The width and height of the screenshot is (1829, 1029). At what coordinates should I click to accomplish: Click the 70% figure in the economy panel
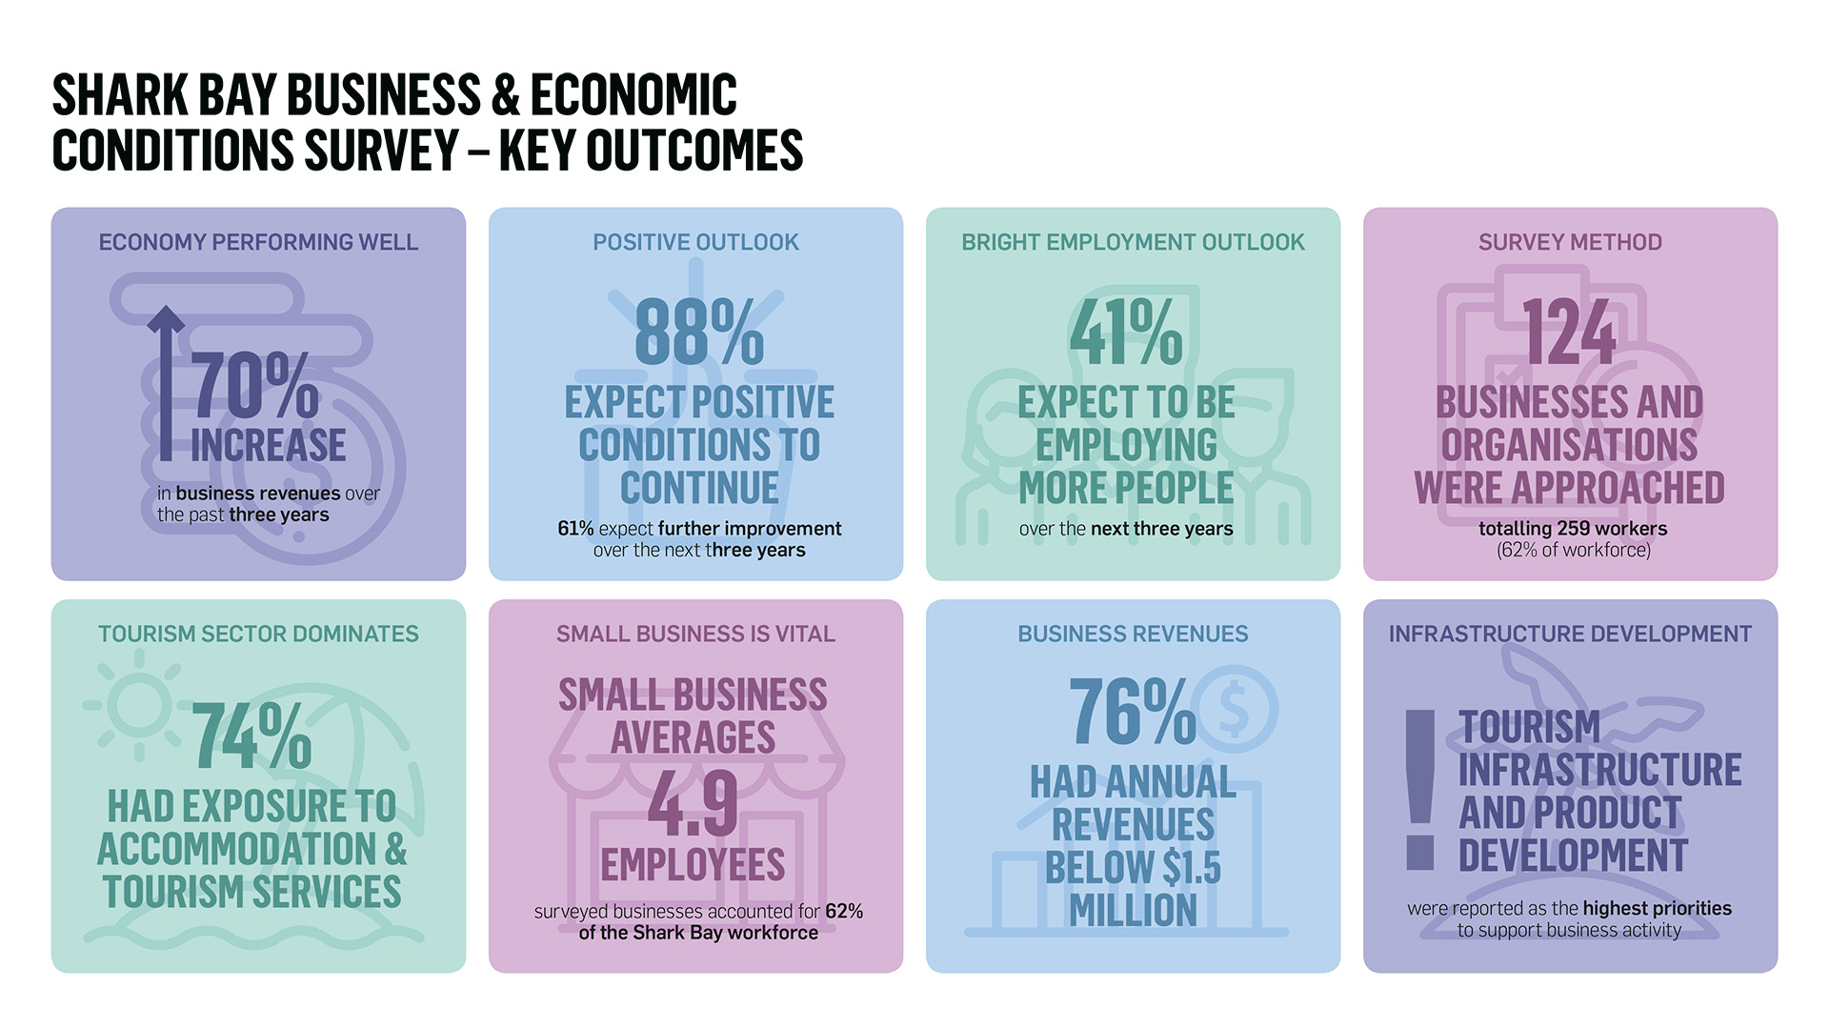(255, 386)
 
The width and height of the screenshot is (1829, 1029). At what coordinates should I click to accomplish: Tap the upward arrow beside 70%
(167, 381)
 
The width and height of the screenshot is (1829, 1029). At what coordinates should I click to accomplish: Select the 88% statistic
(698, 333)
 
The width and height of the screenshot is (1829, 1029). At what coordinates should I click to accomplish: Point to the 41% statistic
(1126, 333)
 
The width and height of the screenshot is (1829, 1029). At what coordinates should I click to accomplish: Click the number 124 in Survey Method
(1569, 333)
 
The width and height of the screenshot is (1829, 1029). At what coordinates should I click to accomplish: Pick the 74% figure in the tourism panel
(251, 736)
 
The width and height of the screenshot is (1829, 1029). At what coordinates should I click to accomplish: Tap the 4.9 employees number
(693, 802)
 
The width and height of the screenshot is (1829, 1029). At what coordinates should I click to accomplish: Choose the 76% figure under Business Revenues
(1132, 712)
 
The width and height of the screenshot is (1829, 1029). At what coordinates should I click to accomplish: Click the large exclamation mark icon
(1420, 790)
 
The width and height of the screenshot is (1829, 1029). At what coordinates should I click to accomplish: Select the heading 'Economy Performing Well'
(258, 243)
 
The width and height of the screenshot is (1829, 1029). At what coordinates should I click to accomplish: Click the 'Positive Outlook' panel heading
(695, 243)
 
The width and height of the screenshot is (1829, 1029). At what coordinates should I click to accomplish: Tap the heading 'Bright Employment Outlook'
(1133, 243)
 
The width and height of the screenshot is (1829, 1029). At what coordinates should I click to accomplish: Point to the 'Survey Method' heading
(1570, 243)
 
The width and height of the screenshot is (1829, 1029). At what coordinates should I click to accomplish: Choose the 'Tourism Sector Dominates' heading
(258, 635)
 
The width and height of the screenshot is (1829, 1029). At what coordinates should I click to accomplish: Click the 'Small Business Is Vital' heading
(695, 635)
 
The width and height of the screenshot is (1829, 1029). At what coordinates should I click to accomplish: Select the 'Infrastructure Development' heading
(1570, 635)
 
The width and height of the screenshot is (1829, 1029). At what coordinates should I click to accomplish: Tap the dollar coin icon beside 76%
(1235, 709)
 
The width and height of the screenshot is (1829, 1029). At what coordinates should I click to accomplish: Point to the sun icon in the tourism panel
(139, 706)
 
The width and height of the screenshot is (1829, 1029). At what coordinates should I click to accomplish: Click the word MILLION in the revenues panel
(1133, 911)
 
